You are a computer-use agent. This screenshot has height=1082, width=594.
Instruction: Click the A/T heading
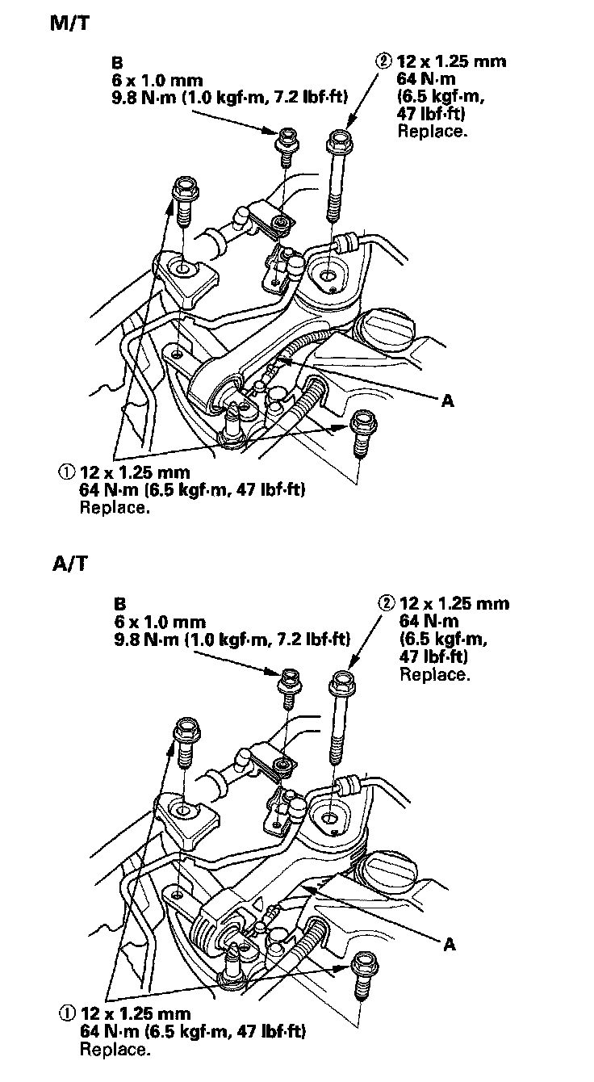tap(68, 563)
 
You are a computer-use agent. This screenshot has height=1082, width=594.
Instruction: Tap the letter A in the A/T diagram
tap(449, 942)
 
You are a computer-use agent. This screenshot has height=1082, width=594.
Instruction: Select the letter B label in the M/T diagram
tap(120, 61)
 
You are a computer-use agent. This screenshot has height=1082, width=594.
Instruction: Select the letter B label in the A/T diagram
tap(120, 603)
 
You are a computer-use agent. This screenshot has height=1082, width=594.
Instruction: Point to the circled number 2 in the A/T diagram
tap(386, 603)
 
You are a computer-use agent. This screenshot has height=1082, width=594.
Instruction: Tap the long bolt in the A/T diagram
tap(338, 717)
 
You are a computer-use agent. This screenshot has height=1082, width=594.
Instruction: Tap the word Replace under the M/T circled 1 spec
tap(115, 509)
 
